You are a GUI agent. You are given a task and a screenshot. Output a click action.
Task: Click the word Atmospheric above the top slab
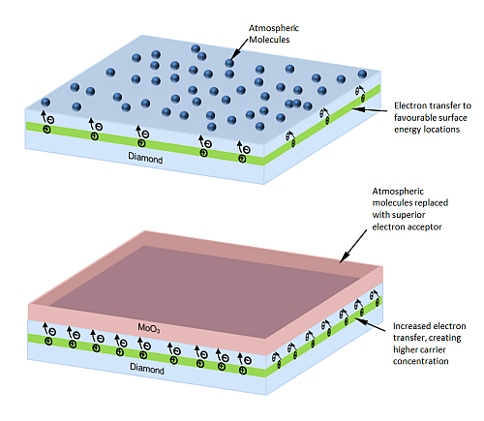pyautogui.click(x=274, y=28)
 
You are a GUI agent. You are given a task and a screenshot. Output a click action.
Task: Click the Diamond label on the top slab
pyautogui.click(x=145, y=158)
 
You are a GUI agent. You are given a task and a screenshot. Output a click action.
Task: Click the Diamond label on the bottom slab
pyautogui.click(x=147, y=368)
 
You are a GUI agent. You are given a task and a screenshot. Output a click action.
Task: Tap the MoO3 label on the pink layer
pyautogui.click(x=149, y=328)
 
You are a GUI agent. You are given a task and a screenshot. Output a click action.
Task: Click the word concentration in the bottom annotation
pyautogui.click(x=421, y=361)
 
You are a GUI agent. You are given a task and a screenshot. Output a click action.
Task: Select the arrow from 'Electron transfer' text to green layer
pyautogui.click(x=370, y=109)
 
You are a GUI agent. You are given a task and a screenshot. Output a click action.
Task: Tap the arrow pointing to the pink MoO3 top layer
pyautogui.click(x=353, y=246)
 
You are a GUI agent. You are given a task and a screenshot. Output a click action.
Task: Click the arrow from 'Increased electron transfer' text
pyautogui.click(x=370, y=324)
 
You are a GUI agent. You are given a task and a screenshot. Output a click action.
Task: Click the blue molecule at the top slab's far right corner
pyautogui.click(x=362, y=74)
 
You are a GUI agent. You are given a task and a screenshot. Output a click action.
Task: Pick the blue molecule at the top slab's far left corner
pyautogui.click(x=45, y=103)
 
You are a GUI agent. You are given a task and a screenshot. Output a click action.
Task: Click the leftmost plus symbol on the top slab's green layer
pyautogui.click(x=47, y=130)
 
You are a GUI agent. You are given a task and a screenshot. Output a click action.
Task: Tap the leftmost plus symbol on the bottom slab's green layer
pyautogui.click(x=48, y=341)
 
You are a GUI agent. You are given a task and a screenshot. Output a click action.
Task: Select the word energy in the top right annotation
pyautogui.click(x=408, y=130)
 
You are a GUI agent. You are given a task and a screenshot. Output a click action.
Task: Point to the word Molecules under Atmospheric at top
pyautogui.click(x=269, y=40)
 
